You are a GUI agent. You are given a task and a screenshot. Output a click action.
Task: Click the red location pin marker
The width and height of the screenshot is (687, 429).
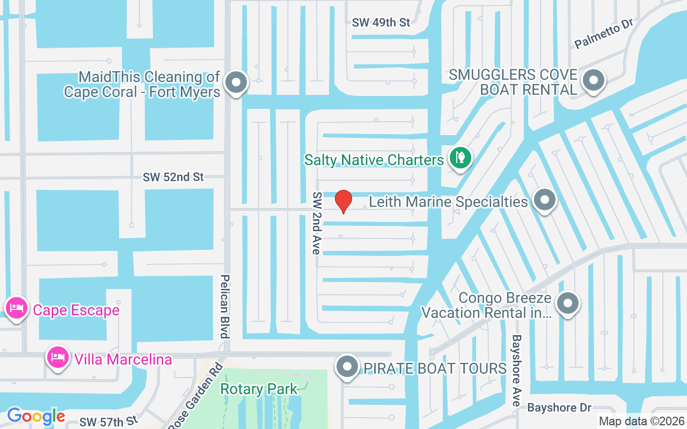[x=343, y=201]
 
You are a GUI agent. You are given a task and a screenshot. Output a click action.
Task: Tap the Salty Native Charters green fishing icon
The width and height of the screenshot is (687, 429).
[x=460, y=158]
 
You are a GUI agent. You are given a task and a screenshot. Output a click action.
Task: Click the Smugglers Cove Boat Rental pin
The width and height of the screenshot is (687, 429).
[x=593, y=80]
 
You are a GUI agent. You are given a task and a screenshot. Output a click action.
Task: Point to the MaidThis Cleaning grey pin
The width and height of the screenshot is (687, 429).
[x=236, y=83]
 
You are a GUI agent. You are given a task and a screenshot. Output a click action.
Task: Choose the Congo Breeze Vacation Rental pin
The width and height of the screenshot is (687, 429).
[x=568, y=304]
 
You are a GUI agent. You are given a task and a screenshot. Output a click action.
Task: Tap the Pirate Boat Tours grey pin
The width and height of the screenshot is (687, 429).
[x=347, y=367]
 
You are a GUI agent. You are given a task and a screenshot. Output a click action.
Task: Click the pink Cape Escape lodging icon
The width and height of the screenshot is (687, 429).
[x=17, y=308]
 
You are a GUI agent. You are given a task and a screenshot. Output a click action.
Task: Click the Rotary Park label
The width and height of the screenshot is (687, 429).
[x=259, y=389]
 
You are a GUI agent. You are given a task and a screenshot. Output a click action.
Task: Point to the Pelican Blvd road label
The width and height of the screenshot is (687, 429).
[x=225, y=307]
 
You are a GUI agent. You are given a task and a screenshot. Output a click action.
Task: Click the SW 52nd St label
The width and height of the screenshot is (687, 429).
[x=173, y=177]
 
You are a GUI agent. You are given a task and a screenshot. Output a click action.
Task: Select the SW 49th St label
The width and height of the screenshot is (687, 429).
[x=381, y=23]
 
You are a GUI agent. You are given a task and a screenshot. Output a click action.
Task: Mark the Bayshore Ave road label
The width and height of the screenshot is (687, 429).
[x=516, y=370]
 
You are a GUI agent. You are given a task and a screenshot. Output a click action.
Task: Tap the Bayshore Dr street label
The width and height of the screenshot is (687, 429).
[x=559, y=408]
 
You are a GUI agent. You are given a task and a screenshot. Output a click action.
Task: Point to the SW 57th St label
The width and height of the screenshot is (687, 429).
[x=109, y=421]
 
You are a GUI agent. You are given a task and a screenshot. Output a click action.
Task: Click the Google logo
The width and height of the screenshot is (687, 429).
[x=36, y=416]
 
